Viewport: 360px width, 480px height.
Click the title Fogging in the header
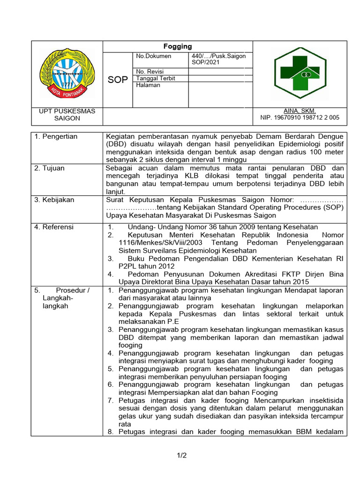[x=178, y=46]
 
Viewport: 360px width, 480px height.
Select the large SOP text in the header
[x=118, y=80]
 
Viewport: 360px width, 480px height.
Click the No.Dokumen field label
[x=154, y=56]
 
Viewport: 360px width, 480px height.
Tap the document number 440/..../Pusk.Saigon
[x=218, y=56]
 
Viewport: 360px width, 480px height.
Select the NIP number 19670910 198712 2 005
[x=307, y=118]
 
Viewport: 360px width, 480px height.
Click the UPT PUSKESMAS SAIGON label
[x=67, y=115]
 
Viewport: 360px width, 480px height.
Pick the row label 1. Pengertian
[x=56, y=136]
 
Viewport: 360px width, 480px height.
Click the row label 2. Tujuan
[x=50, y=168]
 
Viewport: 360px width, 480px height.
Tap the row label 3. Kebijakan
[x=54, y=200]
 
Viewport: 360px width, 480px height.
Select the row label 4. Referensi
[x=54, y=227]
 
